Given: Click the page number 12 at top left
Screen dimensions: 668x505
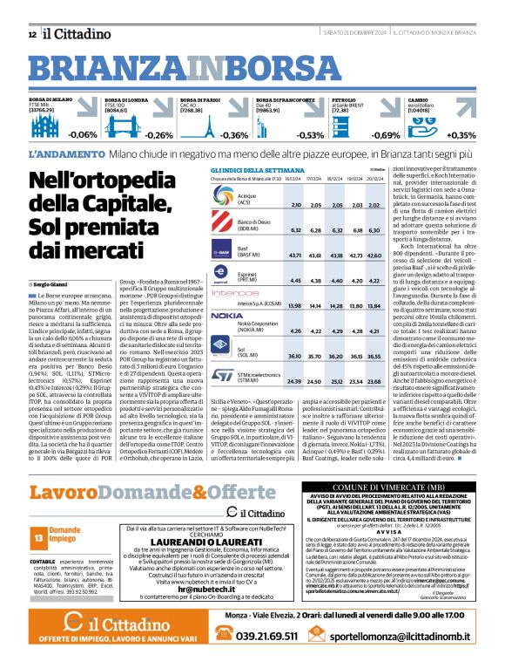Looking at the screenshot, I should tap(31, 34).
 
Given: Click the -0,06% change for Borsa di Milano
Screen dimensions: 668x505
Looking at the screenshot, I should tap(83, 135).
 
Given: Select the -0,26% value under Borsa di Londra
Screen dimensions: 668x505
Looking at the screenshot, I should tap(158, 135).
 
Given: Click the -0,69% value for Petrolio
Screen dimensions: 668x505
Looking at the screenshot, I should tap(386, 135).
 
